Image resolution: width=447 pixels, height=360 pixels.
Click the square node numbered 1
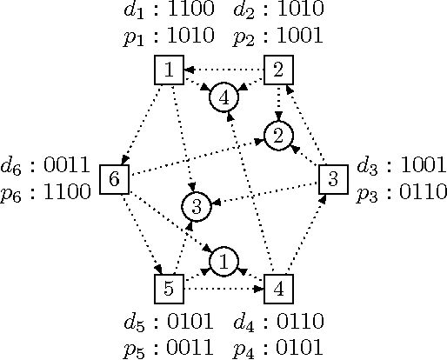point(168,70)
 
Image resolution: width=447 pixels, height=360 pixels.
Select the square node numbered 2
point(278,70)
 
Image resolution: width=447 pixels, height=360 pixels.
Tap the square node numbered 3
point(333,180)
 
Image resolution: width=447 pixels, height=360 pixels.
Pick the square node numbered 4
point(278,288)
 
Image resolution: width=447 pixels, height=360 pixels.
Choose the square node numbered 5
point(168,288)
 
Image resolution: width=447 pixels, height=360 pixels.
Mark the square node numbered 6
point(114,180)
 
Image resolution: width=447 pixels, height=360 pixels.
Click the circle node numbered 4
point(223,97)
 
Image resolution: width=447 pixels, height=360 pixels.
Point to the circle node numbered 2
point(278,136)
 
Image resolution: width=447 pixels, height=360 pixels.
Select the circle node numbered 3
point(197,207)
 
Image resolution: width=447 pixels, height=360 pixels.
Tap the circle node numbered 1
point(223,260)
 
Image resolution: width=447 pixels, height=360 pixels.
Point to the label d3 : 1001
point(401,165)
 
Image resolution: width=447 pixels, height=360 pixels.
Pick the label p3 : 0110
point(401,191)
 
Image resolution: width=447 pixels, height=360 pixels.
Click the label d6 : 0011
point(46,165)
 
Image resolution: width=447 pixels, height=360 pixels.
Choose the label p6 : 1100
point(46,191)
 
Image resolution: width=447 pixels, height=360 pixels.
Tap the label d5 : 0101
point(168,323)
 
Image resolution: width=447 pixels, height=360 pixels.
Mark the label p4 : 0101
point(279,348)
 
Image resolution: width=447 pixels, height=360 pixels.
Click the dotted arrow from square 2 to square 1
point(223,70)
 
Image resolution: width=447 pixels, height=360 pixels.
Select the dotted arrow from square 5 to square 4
point(223,288)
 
